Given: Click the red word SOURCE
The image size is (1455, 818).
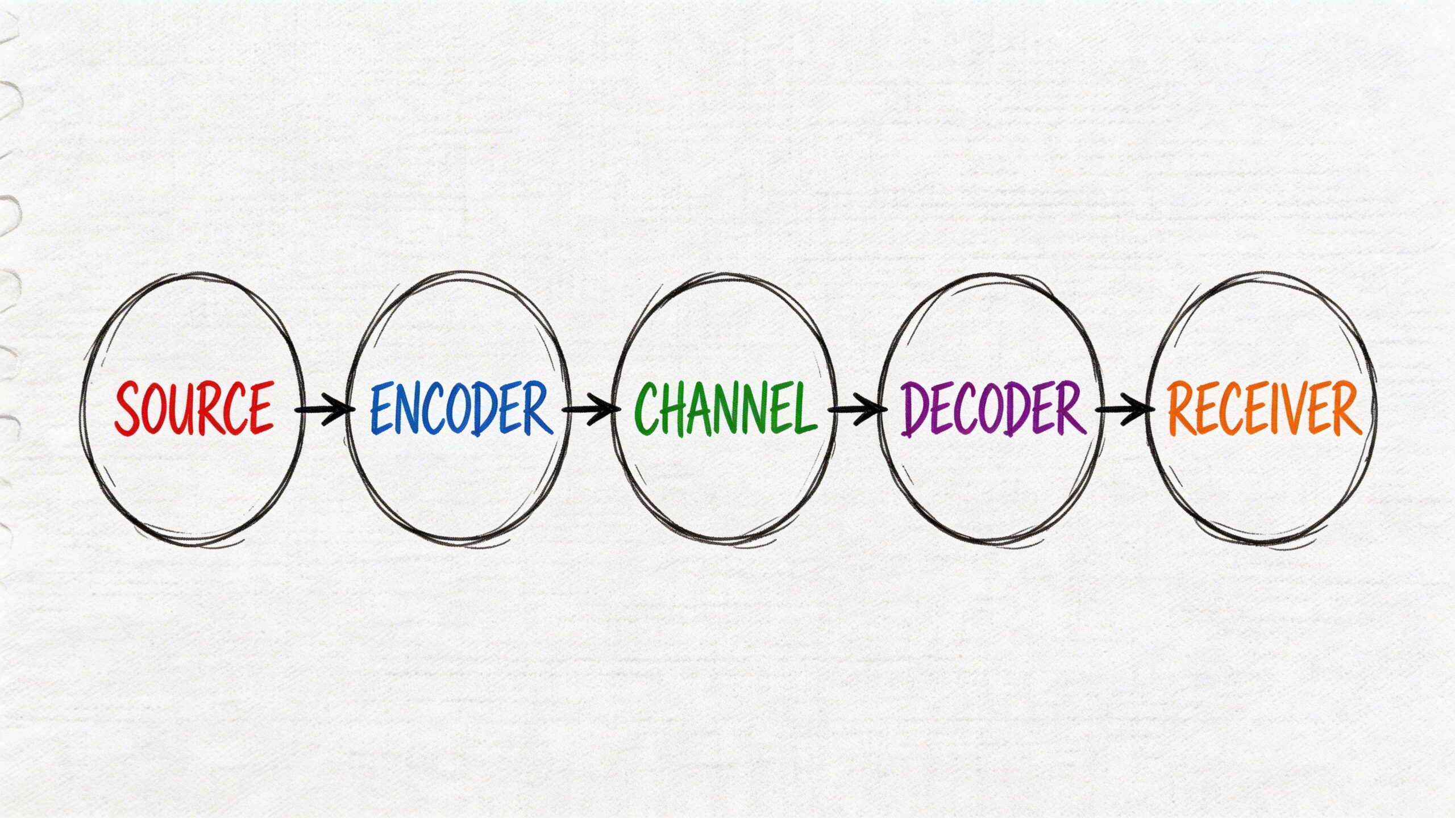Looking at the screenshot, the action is [194, 408].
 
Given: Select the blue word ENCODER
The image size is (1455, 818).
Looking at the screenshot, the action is [461, 408].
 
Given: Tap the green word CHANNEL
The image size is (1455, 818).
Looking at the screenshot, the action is [725, 408].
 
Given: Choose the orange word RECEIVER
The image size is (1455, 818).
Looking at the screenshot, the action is [1265, 408].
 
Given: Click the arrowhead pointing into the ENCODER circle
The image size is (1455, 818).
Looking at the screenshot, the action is [341, 409].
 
